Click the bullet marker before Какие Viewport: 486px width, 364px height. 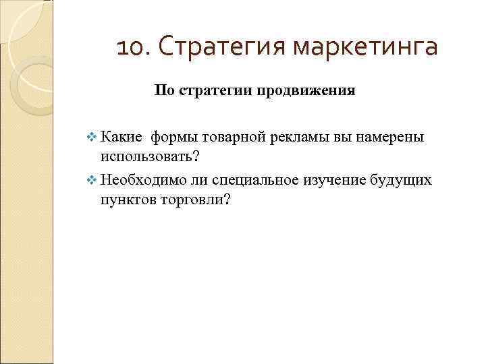(x=92, y=138)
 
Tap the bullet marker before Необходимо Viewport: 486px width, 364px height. (x=92, y=181)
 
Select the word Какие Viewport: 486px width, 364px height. (x=122, y=138)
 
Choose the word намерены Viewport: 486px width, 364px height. (x=391, y=138)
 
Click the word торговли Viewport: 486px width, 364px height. (x=195, y=200)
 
